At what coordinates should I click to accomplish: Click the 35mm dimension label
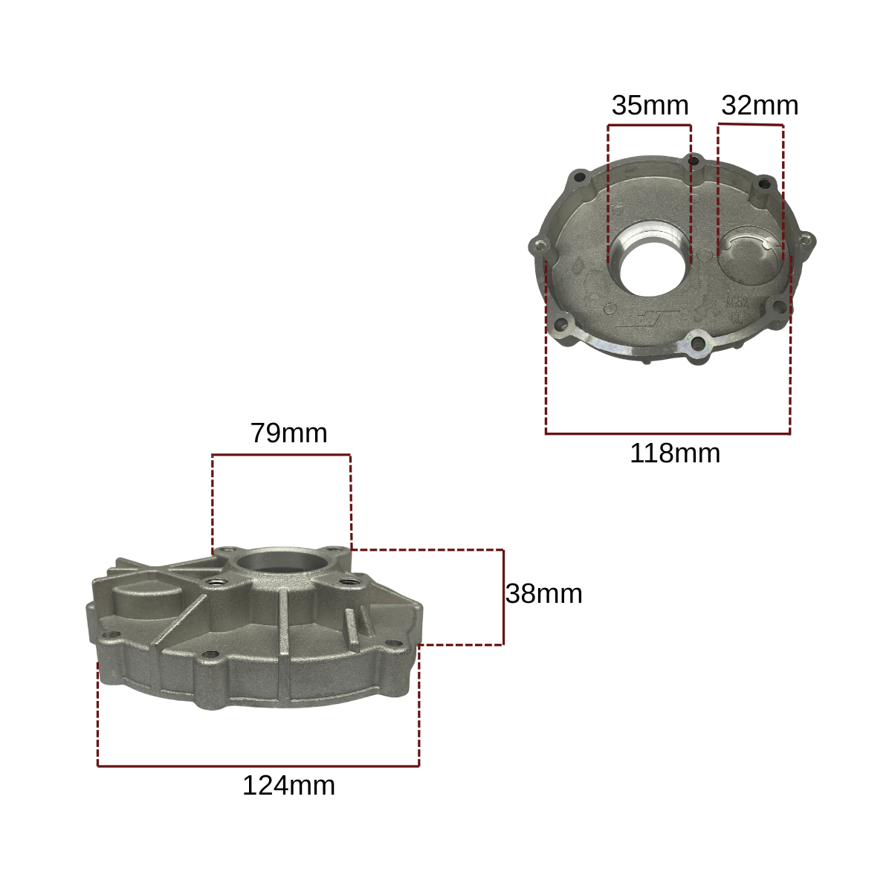(x=650, y=106)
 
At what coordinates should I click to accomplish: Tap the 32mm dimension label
(x=759, y=106)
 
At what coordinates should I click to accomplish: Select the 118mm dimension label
(x=674, y=453)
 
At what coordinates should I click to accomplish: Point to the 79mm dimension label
(x=288, y=433)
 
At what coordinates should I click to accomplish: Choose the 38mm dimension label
(x=543, y=594)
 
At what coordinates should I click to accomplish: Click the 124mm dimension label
(x=288, y=786)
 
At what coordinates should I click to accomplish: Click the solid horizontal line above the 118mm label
(x=668, y=433)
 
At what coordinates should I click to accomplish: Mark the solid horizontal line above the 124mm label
(x=258, y=766)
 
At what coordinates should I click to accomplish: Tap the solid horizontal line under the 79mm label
(x=281, y=455)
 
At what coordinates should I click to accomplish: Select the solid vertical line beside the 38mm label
(x=503, y=597)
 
